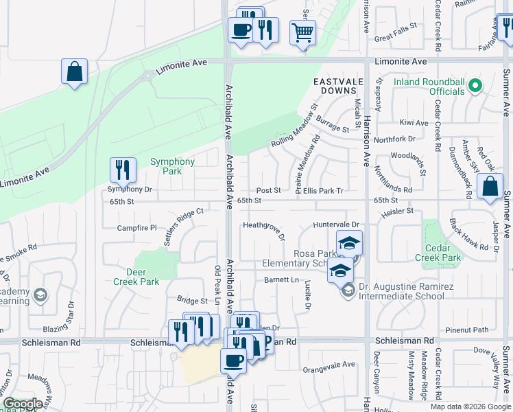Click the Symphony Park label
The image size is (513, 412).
173,166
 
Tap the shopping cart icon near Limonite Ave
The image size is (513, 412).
302,32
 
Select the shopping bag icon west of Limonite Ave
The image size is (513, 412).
75,71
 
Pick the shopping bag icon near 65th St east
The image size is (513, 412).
490,186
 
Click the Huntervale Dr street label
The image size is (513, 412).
336,225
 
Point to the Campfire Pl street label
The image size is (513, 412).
136,228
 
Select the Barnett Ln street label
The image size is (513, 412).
282,280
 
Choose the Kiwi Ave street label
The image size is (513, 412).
414,123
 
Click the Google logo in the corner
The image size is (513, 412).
23,404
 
